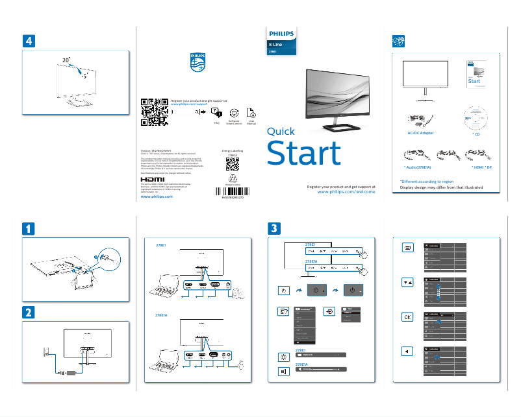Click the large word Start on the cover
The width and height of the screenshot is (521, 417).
tap(304, 154)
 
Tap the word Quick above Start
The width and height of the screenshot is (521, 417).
tap(281, 131)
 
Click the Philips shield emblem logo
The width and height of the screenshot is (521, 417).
tap(196, 64)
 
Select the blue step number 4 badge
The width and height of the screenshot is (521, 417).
tap(29, 40)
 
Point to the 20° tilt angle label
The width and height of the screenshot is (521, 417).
tap(66, 60)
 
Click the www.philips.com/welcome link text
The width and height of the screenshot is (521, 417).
tap(346, 193)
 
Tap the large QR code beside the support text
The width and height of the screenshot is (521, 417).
tap(155, 111)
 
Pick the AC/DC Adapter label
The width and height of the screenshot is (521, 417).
tap(416, 132)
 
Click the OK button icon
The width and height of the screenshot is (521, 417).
tap(407, 317)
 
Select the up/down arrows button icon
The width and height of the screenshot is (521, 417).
tap(407, 282)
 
